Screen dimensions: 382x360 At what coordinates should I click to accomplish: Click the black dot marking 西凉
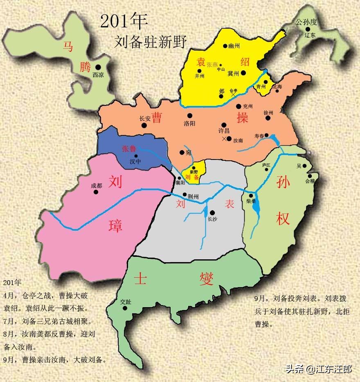coord(98,67)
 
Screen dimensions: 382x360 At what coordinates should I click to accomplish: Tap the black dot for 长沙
coord(212,212)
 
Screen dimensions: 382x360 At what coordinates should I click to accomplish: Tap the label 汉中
coord(135,162)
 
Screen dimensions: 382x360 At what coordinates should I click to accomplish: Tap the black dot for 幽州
coord(225,46)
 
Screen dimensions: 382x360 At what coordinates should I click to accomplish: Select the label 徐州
coord(268,112)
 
